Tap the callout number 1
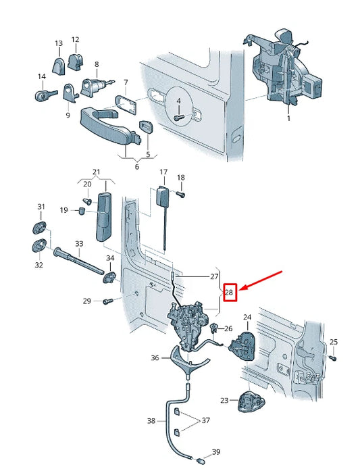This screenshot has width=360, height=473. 288,118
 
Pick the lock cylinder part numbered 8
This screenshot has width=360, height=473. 92,86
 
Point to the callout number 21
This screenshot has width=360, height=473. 96,172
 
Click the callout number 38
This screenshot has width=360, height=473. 151,420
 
